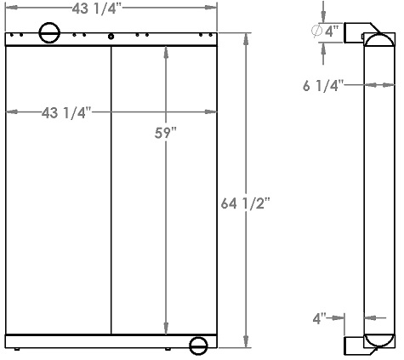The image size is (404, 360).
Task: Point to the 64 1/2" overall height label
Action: (246, 204)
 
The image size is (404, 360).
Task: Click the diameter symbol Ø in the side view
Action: (316, 32)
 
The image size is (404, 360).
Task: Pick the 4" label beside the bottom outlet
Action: (320, 318)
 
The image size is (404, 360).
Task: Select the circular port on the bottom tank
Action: (198, 346)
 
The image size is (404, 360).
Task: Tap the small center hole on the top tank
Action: (111, 37)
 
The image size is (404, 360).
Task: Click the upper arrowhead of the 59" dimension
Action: (165, 51)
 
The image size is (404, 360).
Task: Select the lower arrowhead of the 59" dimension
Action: (165, 328)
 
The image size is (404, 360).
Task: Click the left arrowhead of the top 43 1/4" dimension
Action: (9, 8)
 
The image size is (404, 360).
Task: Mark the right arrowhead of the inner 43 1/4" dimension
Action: (213, 112)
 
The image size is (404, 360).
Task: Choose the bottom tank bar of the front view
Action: (111, 340)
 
